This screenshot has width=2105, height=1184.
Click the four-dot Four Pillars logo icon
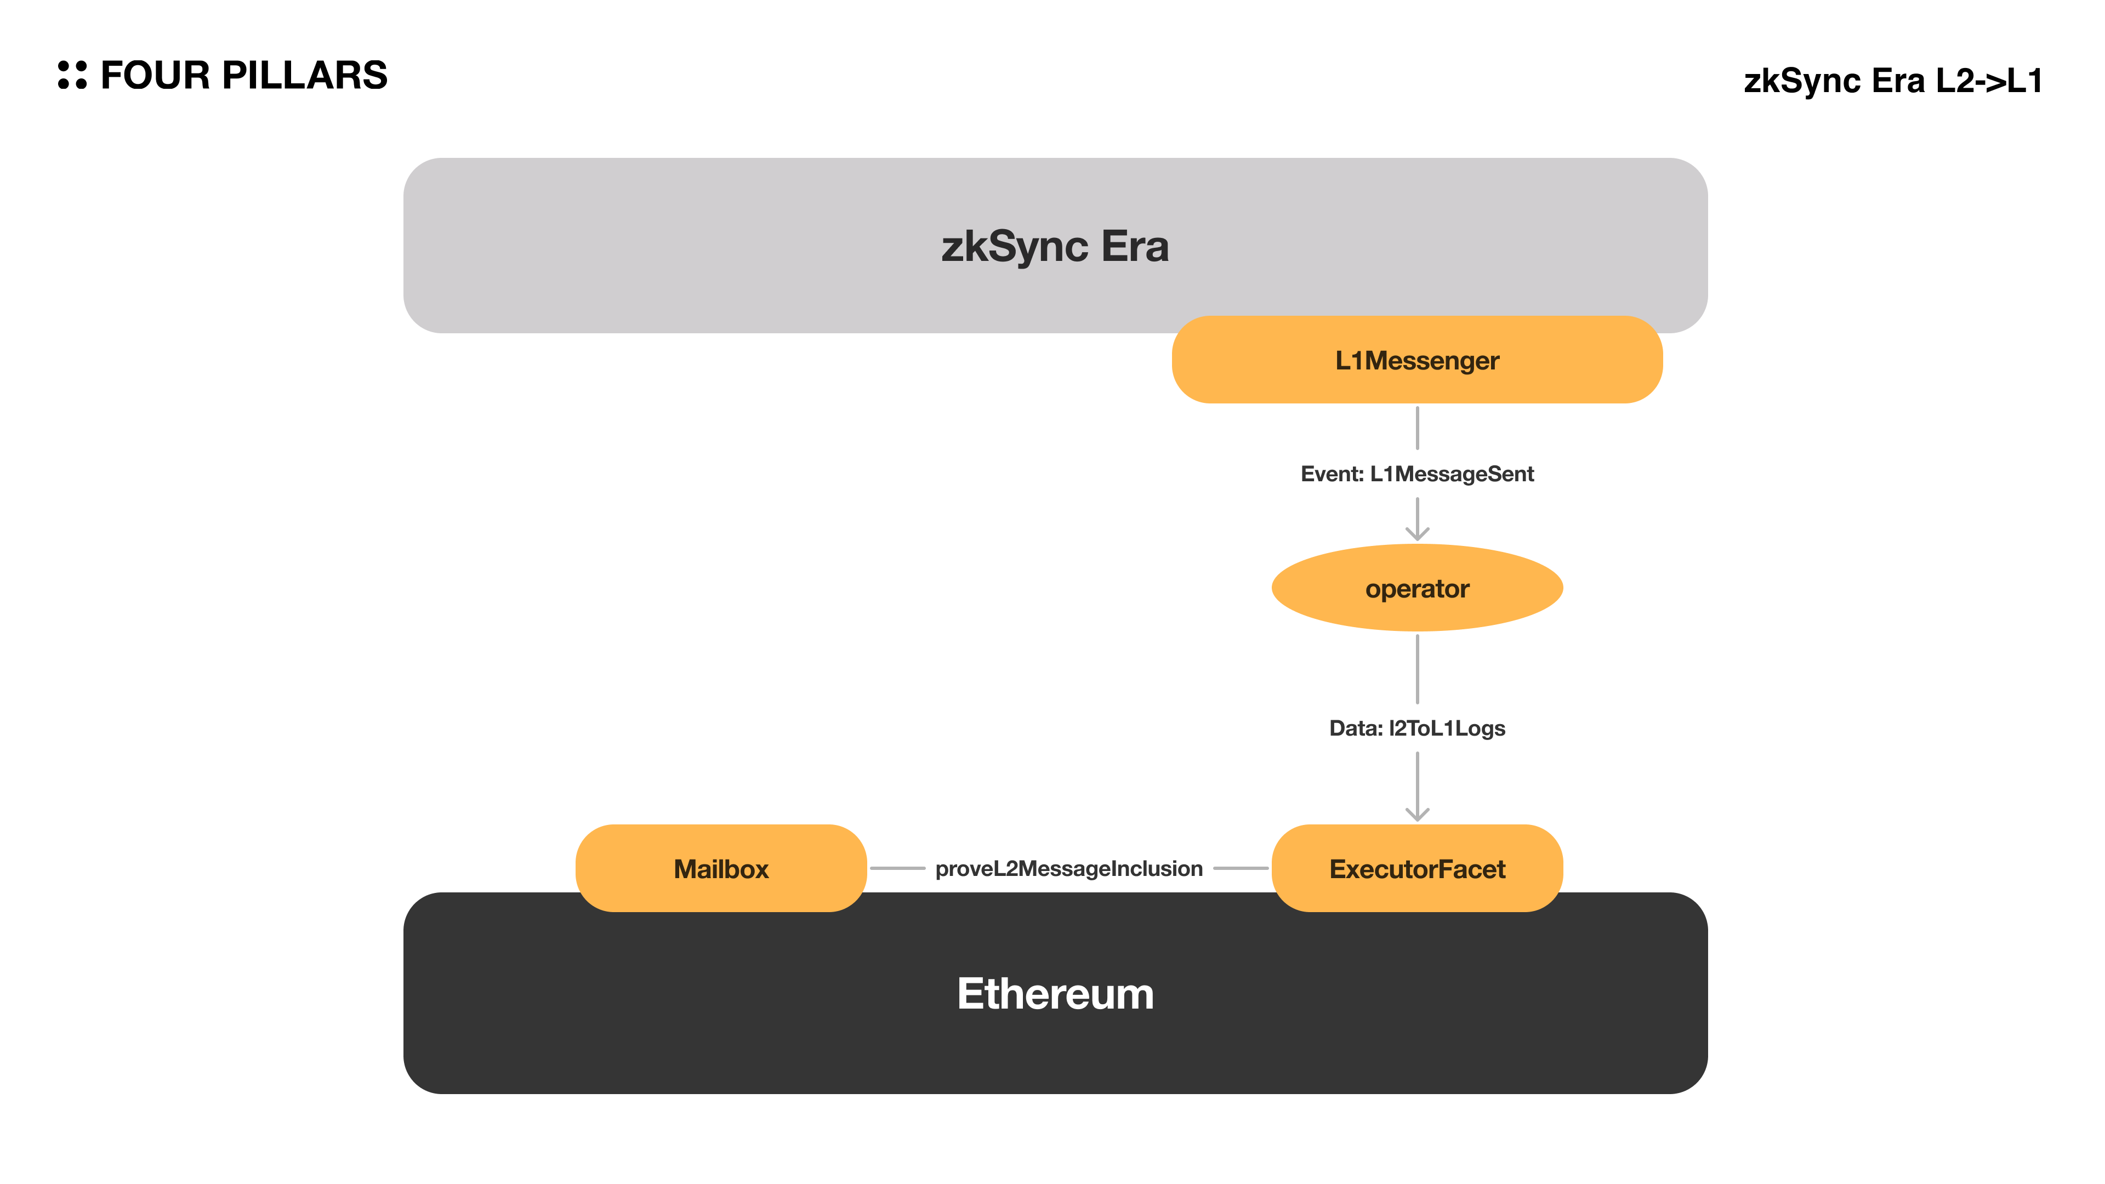[72, 75]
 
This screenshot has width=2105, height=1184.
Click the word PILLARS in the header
[304, 75]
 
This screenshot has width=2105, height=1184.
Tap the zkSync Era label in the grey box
[1054, 246]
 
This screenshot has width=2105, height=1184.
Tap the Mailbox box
[721, 869]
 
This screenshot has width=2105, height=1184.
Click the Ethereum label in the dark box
[1054, 994]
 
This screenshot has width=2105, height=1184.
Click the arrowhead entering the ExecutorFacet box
[1417, 814]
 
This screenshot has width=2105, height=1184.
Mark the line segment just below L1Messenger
[1417, 428]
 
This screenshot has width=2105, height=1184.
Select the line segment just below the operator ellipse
[1417, 668]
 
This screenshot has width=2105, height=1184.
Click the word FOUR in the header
[155, 75]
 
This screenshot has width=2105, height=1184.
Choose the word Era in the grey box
[1134, 246]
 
